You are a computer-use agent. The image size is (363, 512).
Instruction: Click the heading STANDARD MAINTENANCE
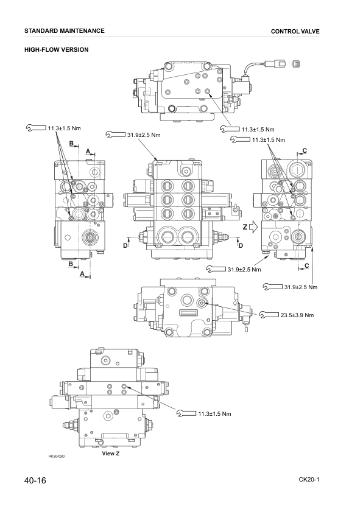click(x=65, y=30)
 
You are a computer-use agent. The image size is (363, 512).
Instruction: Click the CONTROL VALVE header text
click(x=295, y=31)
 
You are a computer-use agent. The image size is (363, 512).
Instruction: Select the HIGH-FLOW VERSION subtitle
click(x=57, y=50)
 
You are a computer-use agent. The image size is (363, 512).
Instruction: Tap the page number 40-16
click(x=35, y=481)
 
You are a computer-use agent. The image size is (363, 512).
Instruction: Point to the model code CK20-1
click(x=309, y=480)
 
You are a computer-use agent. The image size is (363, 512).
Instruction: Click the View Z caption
click(x=110, y=454)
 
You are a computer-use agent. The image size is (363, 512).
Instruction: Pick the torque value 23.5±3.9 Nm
click(x=297, y=315)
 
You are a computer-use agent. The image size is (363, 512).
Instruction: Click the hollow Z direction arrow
click(x=253, y=226)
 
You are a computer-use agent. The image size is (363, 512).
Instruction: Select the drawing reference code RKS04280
click(x=57, y=457)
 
